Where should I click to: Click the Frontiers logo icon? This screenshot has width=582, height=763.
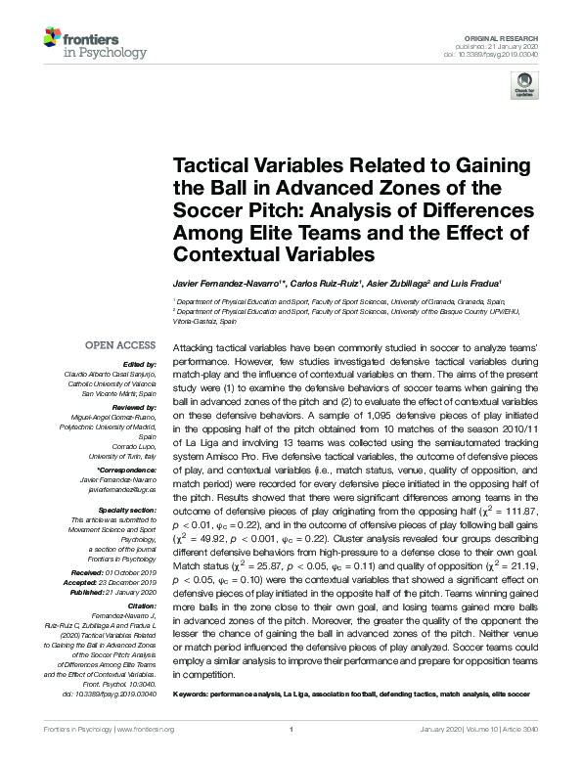click(x=54, y=41)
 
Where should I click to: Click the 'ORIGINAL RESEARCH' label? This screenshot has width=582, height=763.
click(x=515, y=34)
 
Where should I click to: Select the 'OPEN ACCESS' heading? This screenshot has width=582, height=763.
click(x=120, y=345)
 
